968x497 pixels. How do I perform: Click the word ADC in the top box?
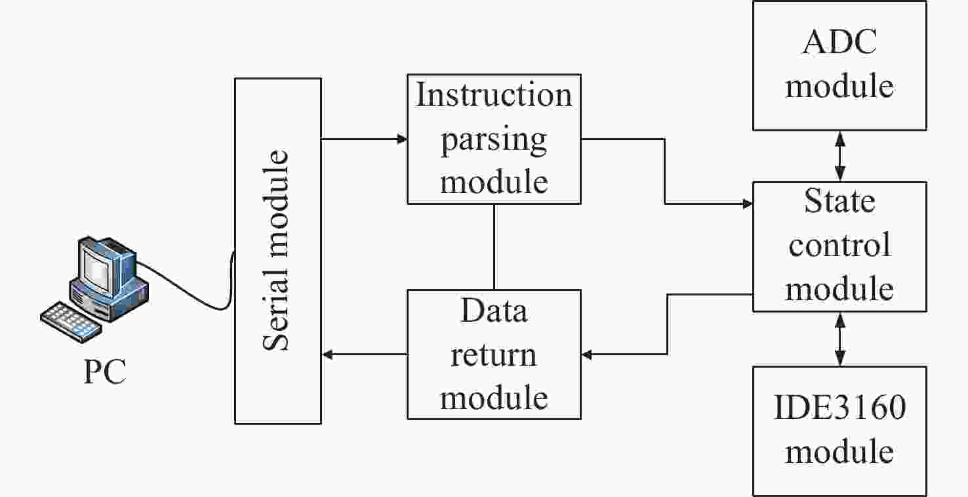click(x=839, y=42)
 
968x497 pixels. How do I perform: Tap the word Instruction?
click(x=494, y=95)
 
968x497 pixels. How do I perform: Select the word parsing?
click(x=494, y=140)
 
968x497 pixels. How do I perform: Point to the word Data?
click(x=494, y=310)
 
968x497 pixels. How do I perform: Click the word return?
click(x=494, y=355)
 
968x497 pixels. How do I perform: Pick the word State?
click(x=839, y=201)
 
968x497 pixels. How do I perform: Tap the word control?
click(x=839, y=245)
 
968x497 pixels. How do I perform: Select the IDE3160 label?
click(x=839, y=407)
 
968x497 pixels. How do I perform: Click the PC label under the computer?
click(x=104, y=371)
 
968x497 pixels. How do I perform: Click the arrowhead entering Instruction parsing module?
click(x=402, y=139)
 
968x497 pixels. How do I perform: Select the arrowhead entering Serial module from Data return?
click(x=327, y=355)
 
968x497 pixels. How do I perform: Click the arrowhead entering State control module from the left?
click(x=748, y=204)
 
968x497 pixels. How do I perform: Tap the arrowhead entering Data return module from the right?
click(x=587, y=355)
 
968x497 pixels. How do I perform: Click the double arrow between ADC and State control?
click(x=839, y=156)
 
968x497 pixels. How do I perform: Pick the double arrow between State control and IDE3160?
click(x=839, y=339)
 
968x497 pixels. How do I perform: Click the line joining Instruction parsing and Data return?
click(x=494, y=247)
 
